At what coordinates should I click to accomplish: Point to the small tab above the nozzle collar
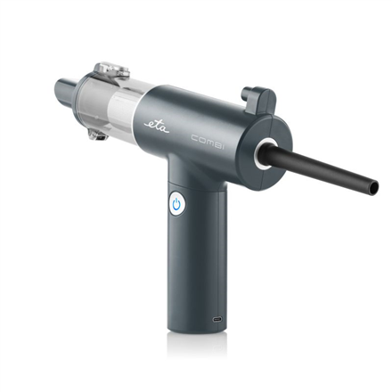point(259,95)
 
